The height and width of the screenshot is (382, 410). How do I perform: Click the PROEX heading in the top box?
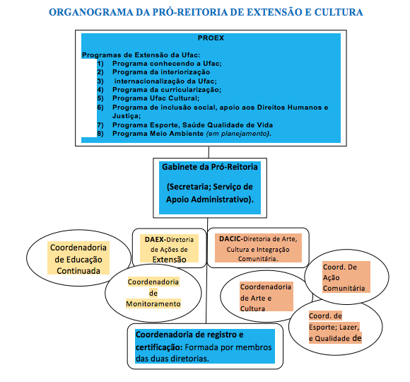pyautogui.click(x=211, y=38)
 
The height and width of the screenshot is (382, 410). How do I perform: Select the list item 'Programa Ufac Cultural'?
pyautogui.click(x=156, y=98)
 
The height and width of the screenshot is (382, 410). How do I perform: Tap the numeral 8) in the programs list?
pyautogui.click(x=100, y=134)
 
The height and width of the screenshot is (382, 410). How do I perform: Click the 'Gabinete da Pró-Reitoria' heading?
pyautogui.click(x=210, y=167)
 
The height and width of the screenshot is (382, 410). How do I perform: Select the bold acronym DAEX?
pyautogui.click(x=154, y=239)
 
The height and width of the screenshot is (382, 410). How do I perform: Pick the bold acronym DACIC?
pyautogui.click(x=230, y=239)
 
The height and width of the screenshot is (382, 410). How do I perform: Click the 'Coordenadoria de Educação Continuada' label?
pyautogui.click(x=78, y=259)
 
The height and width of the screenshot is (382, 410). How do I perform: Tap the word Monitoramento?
pyautogui.click(x=153, y=303)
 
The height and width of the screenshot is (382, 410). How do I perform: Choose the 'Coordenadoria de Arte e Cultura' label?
pyautogui.click(x=265, y=298)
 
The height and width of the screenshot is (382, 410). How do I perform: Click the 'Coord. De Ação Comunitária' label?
pyautogui.click(x=344, y=277)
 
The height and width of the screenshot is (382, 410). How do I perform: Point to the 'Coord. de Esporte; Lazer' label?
pyautogui.click(x=334, y=322)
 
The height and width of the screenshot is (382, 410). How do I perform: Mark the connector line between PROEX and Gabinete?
pyautogui.click(x=209, y=152)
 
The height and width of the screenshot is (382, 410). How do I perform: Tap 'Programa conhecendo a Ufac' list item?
pyautogui.click(x=167, y=64)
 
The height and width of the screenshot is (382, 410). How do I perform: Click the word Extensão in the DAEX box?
pyautogui.click(x=169, y=260)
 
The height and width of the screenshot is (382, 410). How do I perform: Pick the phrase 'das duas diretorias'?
pyautogui.click(x=172, y=359)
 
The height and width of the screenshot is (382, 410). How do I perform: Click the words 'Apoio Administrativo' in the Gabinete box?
pyautogui.click(x=210, y=199)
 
